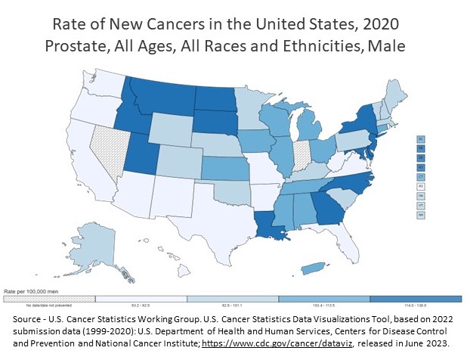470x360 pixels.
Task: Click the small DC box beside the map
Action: [419, 139]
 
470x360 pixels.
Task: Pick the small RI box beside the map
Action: [419, 185]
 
